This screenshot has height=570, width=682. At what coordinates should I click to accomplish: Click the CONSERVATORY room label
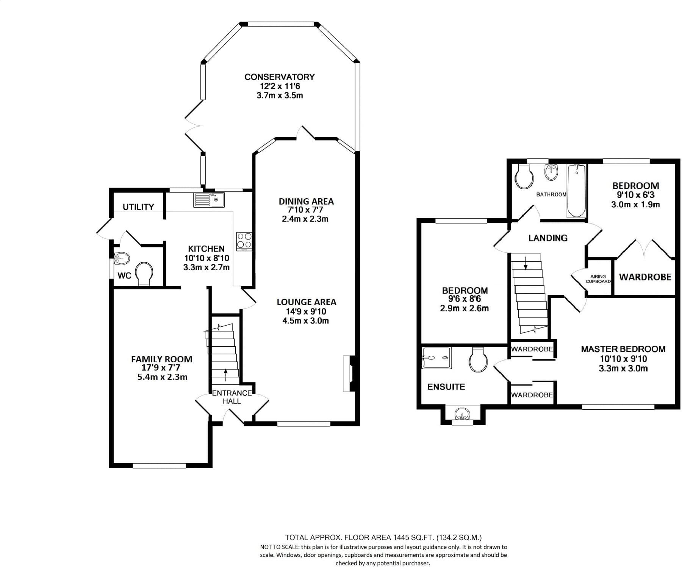(280, 77)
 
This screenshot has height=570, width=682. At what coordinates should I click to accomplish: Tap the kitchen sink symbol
(209, 200)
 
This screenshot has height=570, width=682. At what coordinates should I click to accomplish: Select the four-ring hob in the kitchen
(244, 241)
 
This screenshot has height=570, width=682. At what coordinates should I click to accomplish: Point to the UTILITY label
(138, 207)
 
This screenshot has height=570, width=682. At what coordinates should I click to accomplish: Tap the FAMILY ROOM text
(162, 359)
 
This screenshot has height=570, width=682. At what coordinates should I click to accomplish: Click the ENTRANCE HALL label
(232, 397)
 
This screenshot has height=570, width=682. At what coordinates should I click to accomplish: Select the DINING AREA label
(306, 201)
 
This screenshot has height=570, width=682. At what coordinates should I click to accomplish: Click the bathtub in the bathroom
(576, 191)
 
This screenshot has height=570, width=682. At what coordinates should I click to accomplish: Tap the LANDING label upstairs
(548, 238)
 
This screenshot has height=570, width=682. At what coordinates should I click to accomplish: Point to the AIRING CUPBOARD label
(598, 279)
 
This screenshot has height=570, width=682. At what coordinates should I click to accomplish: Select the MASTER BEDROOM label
(623, 349)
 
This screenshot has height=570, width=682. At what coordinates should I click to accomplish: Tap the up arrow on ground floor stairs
(226, 375)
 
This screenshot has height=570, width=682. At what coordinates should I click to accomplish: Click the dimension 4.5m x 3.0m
(306, 321)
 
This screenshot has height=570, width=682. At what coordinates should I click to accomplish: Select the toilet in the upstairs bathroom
(524, 177)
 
